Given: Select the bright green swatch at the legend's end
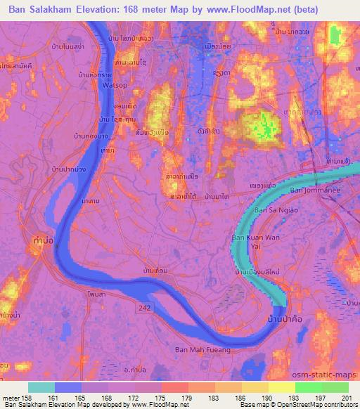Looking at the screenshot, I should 335,387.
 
